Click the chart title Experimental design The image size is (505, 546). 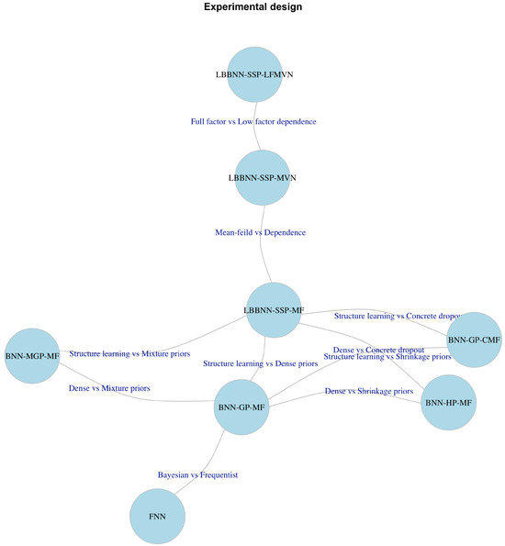pos(252,7)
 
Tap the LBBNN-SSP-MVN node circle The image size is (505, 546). pos(263,177)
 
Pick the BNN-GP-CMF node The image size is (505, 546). pos(474,340)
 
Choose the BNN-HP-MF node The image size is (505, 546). pos(449,402)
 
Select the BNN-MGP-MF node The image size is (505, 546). pos(32,355)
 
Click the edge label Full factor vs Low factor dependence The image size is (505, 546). pos(253,121)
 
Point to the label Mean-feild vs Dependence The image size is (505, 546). pos(260,233)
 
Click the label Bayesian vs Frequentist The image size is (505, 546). pos(197,475)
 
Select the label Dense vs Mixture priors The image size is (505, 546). pos(109,388)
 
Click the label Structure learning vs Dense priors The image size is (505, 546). pos(261,364)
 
